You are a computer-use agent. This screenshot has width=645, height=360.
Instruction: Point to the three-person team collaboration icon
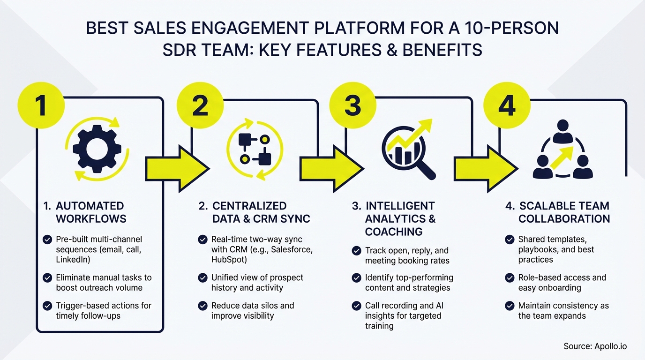pos(562,150)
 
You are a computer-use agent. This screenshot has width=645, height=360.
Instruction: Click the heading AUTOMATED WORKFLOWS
pos(90,212)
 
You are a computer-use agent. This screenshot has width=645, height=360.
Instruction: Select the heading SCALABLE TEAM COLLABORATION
pos(563,212)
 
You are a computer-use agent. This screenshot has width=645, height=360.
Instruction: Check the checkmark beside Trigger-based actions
pos(47,306)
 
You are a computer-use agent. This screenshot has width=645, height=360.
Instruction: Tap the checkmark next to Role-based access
pos(510,278)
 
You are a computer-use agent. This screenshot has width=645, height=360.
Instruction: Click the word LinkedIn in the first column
pos(73,260)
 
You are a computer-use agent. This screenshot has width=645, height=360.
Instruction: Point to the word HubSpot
pos(228,260)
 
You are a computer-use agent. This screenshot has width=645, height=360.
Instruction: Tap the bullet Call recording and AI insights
pos(404,315)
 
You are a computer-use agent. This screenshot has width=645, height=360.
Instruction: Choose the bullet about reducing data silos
pos(252,310)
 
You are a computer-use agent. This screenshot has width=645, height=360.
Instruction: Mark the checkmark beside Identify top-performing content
pos(357,278)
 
